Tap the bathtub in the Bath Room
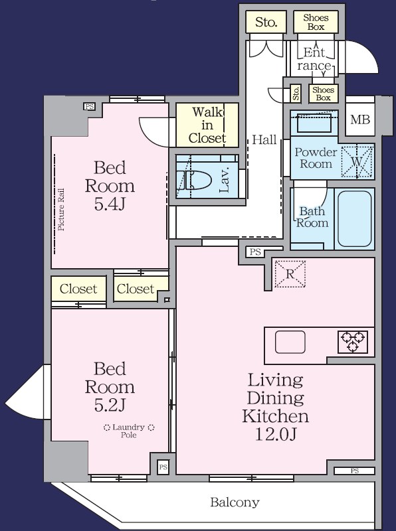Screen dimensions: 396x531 click(354, 218)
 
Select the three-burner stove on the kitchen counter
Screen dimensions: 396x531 click(353, 342)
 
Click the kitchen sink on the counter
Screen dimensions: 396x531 click(290, 342)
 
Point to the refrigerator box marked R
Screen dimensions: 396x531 click(290, 274)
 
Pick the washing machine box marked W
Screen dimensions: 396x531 click(356, 161)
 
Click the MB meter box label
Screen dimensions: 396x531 click(360, 119)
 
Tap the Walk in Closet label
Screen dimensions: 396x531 click(207, 125)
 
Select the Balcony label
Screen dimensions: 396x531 click(235, 502)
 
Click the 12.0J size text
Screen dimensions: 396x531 click(276, 434)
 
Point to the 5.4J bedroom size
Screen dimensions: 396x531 click(110, 204)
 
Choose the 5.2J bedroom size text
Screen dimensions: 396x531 click(110, 405)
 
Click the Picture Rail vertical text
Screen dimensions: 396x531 click(61, 210)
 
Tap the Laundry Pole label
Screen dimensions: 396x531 click(129, 431)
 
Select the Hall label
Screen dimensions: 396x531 click(264, 139)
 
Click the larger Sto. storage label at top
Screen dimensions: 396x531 click(266, 22)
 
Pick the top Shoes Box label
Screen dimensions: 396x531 click(316, 22)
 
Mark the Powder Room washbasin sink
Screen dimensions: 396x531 click(314, 123)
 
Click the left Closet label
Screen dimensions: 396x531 click(78, 289)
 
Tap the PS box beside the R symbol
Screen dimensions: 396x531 click(255, 252)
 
